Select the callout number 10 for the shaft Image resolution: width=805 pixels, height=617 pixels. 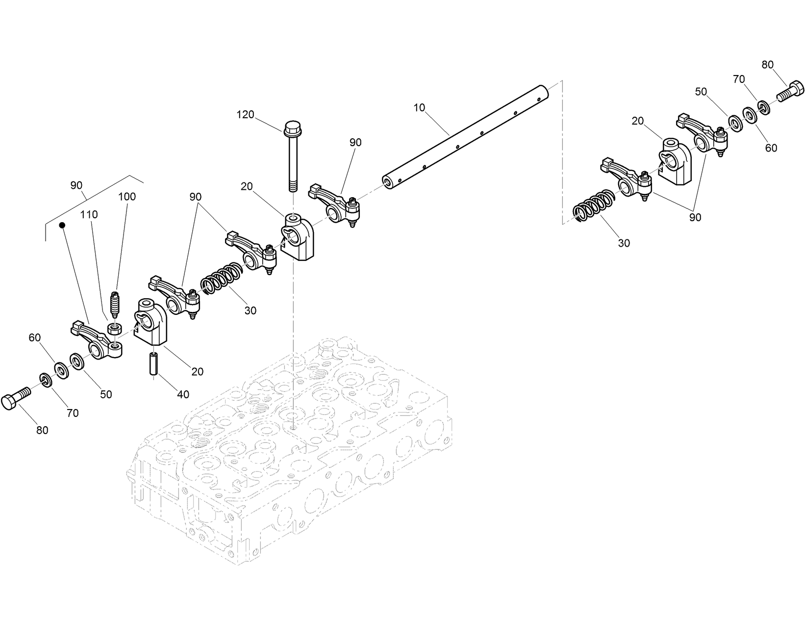click(x=419, y=108)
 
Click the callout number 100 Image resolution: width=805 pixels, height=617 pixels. click(x=127, y=197)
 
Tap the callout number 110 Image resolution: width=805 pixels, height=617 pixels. click(x=89, y=214)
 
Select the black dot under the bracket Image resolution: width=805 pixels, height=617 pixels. click(x=62, y=225)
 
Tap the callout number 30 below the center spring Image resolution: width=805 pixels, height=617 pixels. click(x=251, y=311)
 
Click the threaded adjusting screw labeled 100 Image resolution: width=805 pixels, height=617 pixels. click(x=116, y=304)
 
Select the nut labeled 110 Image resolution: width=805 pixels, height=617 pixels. click(x=115, y=329)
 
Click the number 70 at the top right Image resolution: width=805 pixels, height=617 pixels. click(x=739, y=79)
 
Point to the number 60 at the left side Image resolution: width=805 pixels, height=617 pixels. click(x=34, y=338)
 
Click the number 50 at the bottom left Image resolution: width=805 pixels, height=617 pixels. click(x=106, y=394)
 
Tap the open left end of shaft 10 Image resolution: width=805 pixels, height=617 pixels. click(x=388, y=182)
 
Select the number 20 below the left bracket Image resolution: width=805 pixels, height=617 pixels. click(x=197, y=372)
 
